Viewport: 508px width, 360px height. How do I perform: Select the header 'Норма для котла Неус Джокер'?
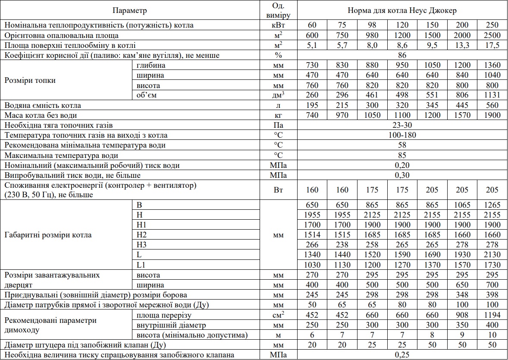pyautogui.click(x=402, y=9)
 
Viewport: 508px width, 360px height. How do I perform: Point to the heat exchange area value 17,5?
pyautogui.click(x=492, y=45)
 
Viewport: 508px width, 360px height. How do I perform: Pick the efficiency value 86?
pyautogui.click(x=402, y=55)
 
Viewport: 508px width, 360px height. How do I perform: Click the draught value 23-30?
pyautogui.click(x=402, y=125)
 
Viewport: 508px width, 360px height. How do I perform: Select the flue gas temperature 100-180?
pyautogui.click(x=402, y=135)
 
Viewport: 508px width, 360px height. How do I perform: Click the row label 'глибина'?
pyautogui.click(x=151, y=66)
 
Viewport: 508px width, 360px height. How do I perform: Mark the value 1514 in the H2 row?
pyautogui.click(x=313, y=235)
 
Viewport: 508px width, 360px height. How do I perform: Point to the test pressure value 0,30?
pyautogui.click(x=402, y=175)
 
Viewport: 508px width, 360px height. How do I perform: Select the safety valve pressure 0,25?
pyautogui.click(x=402, y=355)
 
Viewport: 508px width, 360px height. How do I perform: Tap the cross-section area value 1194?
pyautogui.click(x=492, y=315)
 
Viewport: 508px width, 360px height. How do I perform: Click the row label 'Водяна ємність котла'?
pyautogui.click(x=43, y=105)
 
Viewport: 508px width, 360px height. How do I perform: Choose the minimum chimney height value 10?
pyautogui.click(x=492, y=335)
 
